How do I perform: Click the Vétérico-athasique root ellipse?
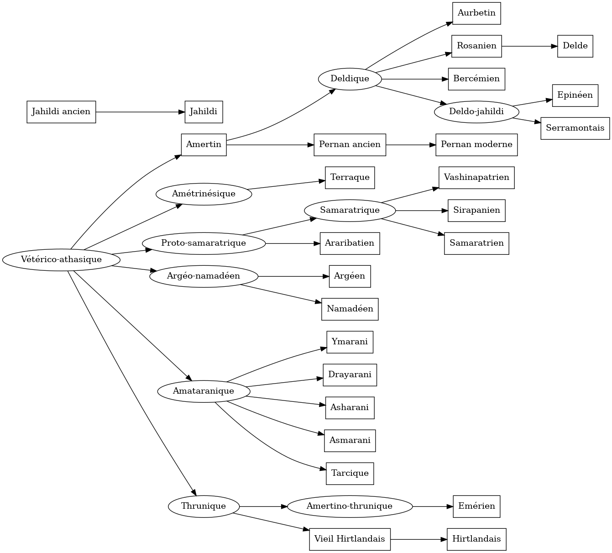61,260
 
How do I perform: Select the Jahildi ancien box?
61,112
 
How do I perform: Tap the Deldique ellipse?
350,79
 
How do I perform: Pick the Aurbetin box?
476,13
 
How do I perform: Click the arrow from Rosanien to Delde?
529,46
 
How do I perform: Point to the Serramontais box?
575,128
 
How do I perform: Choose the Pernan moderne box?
476,145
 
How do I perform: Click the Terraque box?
350,178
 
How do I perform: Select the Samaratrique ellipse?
350,211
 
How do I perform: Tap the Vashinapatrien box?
476,178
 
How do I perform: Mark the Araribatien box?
350,243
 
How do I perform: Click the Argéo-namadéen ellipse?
204,276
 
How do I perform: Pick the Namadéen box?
350,309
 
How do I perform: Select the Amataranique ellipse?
204,391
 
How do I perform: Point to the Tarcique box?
350,474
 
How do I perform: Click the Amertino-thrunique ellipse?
350,506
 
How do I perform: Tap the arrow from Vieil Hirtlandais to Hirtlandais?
418,539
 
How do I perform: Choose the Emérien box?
476,506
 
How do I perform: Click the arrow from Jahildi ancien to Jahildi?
140,112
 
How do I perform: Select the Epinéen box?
575,95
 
